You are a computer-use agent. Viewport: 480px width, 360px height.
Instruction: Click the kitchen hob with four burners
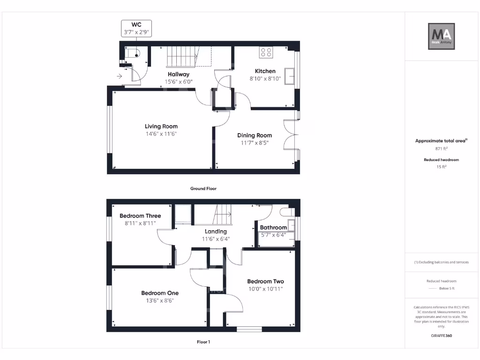tap(267, 52)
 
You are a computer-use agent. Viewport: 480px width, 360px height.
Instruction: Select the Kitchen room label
tap(265, 71)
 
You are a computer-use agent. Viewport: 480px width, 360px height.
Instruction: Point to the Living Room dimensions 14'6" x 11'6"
tap(161, 134)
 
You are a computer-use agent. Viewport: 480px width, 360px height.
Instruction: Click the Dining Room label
tap(254, 135)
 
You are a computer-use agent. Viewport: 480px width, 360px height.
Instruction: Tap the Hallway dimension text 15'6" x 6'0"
tap(179, 82)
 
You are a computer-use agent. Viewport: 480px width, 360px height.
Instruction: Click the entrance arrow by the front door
tap(119, 76)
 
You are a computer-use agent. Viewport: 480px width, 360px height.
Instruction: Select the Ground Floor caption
tap(203, 188)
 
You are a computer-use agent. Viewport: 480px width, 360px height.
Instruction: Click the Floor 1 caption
tap(203, 342)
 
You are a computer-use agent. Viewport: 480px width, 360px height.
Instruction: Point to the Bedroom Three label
tap(140, 216)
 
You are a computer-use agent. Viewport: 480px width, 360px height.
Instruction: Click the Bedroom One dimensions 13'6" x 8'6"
tap(160, 301)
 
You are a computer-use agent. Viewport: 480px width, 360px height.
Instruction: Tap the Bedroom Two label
tap(265, 281)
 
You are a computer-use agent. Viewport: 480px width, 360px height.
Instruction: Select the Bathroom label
tap(273, 228)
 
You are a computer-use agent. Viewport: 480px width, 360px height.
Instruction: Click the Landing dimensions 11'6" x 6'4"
tap(216, 239)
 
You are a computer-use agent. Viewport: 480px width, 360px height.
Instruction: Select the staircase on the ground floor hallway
tap(182, 56)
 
